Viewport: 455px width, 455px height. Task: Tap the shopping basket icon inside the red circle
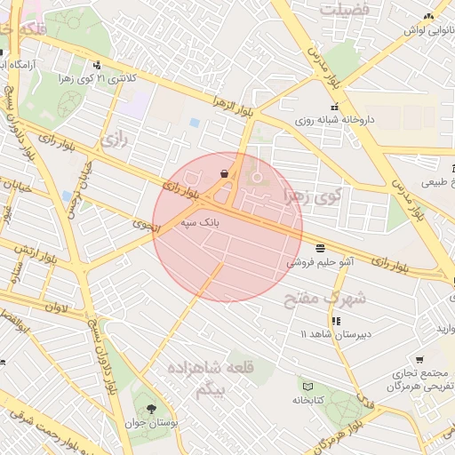(x=224, y=173)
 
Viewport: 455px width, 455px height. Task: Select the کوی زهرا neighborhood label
(x=312, y=193)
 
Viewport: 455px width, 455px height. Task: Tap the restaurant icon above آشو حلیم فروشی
(x=320, y=247)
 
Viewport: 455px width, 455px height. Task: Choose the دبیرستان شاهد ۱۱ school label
(x=334, y=334)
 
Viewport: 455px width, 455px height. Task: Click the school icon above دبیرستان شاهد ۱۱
(x=335, y=320)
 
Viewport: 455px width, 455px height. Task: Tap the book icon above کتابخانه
(x=308, y=387)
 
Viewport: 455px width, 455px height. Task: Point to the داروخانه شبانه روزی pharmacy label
(x=334, y=118)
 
